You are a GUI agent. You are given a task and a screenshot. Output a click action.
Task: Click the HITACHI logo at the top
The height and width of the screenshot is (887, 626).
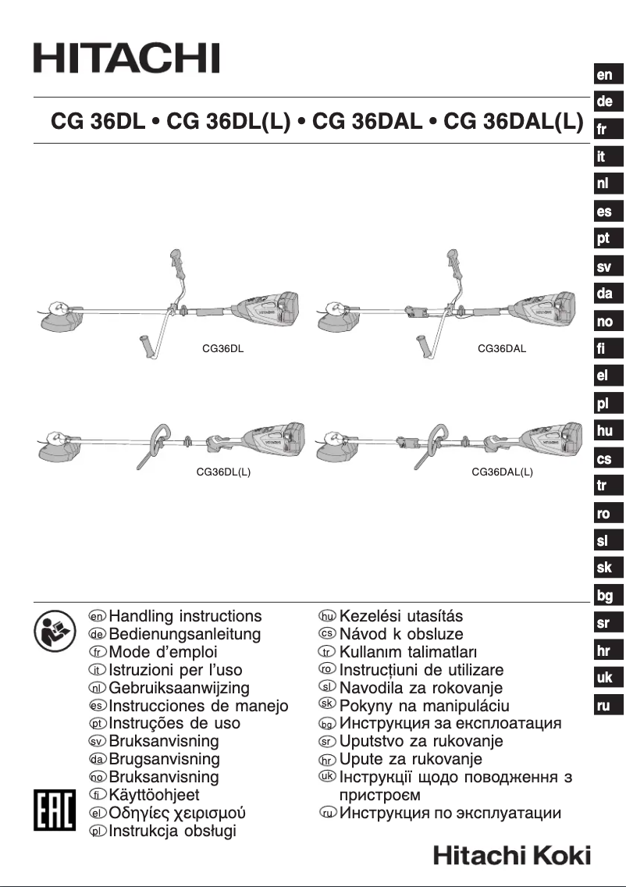(x=126, y=59)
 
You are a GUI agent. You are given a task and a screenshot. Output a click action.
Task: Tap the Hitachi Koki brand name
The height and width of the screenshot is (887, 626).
(x=512, y=855)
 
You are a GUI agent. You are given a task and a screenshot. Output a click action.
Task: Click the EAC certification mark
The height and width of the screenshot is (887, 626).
(x=52, y=810)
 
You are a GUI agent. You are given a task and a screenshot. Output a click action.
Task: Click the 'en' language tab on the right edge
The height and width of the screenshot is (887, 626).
(x=605, y=75)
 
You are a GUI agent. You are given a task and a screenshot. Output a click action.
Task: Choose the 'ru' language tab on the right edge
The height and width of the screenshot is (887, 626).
(x=605, y=706)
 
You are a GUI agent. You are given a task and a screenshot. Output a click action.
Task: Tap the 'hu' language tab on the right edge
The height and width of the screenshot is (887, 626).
(x=604, y=431)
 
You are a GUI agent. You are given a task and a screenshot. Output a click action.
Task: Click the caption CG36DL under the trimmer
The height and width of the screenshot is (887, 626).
(x=223, y=349)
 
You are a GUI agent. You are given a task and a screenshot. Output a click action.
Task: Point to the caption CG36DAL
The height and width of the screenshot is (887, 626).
(x=501, y=349)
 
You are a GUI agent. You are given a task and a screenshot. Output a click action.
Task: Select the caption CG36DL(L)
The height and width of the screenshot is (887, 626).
(x=223, y=472)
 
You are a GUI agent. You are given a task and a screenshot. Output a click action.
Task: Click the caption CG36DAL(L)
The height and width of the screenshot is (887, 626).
(x=502, y=472)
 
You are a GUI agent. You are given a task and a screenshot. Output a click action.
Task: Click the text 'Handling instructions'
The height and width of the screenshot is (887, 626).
(x=186, y=617)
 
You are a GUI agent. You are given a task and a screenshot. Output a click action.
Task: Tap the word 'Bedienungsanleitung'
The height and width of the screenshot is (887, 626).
(x=185, y=635)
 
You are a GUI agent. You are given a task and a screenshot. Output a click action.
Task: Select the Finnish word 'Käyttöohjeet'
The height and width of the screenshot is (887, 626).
(x=155, y=795)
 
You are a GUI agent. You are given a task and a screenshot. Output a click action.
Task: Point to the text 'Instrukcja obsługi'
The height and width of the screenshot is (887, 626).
(x=173, y=831)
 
